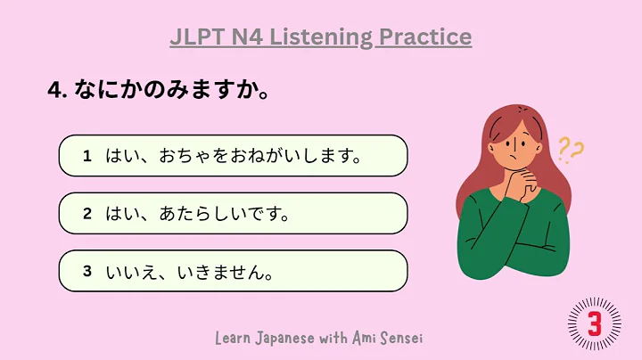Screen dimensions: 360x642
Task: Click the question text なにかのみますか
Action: coord(169,92)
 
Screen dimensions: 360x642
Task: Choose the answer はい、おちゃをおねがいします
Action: coord(233,157)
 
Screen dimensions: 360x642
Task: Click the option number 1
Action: coord(87,156)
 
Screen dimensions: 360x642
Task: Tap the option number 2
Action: coord(87,214)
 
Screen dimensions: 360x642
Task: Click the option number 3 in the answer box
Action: coord(87,271)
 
